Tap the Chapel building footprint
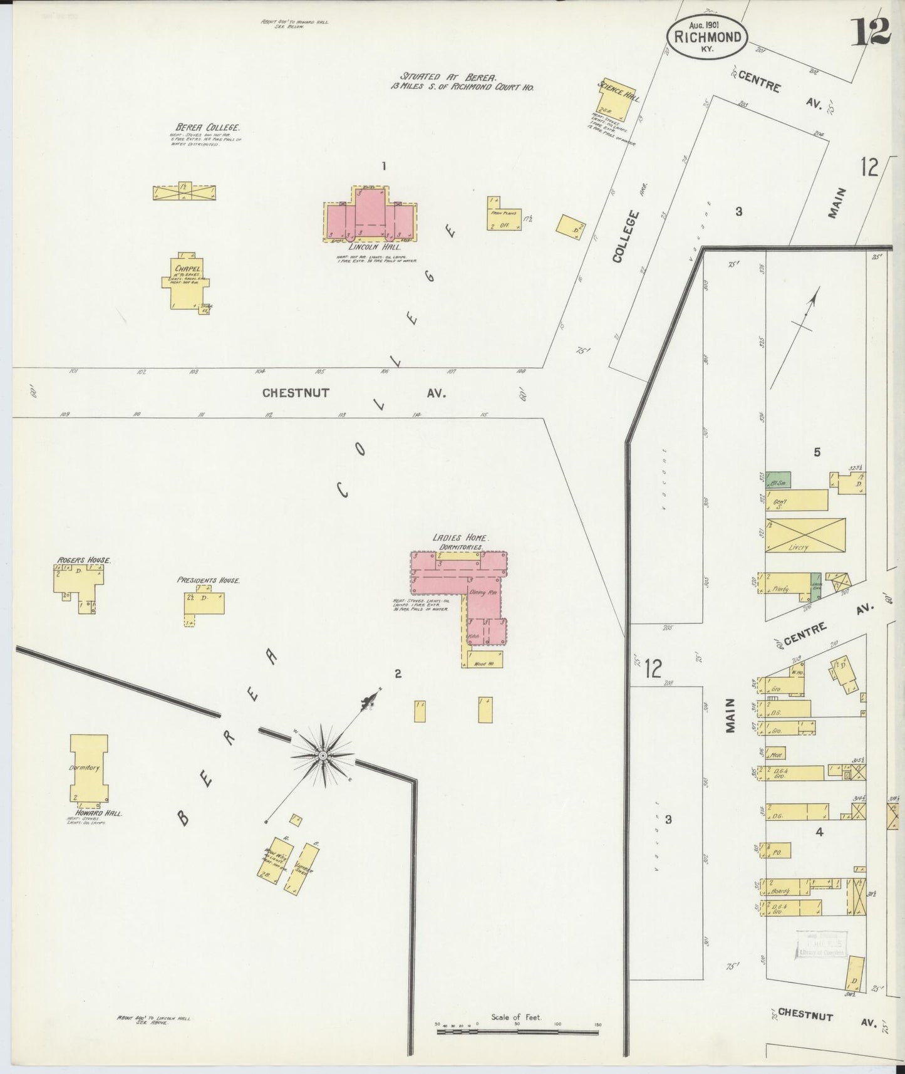(185, 282)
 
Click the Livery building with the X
(805, 535)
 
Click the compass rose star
(322, 756)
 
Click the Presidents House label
(208, 580)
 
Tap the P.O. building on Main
(776, 850)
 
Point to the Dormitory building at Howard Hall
(88, 768)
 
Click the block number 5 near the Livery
(817, 452)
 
